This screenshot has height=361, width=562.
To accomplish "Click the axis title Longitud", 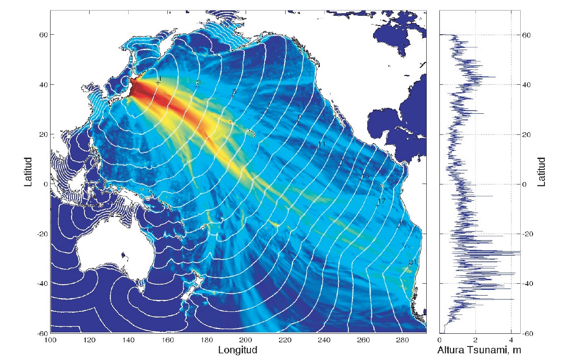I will click(x=237, y=350).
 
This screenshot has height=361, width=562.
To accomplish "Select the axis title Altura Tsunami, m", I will click(x=480, y=350).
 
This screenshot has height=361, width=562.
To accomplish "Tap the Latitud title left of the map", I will click(x=29, y=171).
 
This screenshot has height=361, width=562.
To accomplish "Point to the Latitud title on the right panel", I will click(x=541, y=171).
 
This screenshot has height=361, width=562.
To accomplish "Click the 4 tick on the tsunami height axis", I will click(x=511, y=340).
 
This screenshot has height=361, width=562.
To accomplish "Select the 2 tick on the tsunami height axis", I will click(x=475, y=340).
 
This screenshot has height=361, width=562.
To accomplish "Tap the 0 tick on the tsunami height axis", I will click(x=440, y=340).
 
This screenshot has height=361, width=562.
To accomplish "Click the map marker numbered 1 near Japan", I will click(x=158, y=82).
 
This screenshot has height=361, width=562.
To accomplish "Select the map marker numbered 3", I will click(x=197, y=85).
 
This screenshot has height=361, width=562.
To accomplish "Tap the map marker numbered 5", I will click(x=233, y=94).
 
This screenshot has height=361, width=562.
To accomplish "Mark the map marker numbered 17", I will click(x=378, y=204).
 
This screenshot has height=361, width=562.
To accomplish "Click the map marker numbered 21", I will click(x=410, y=264).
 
